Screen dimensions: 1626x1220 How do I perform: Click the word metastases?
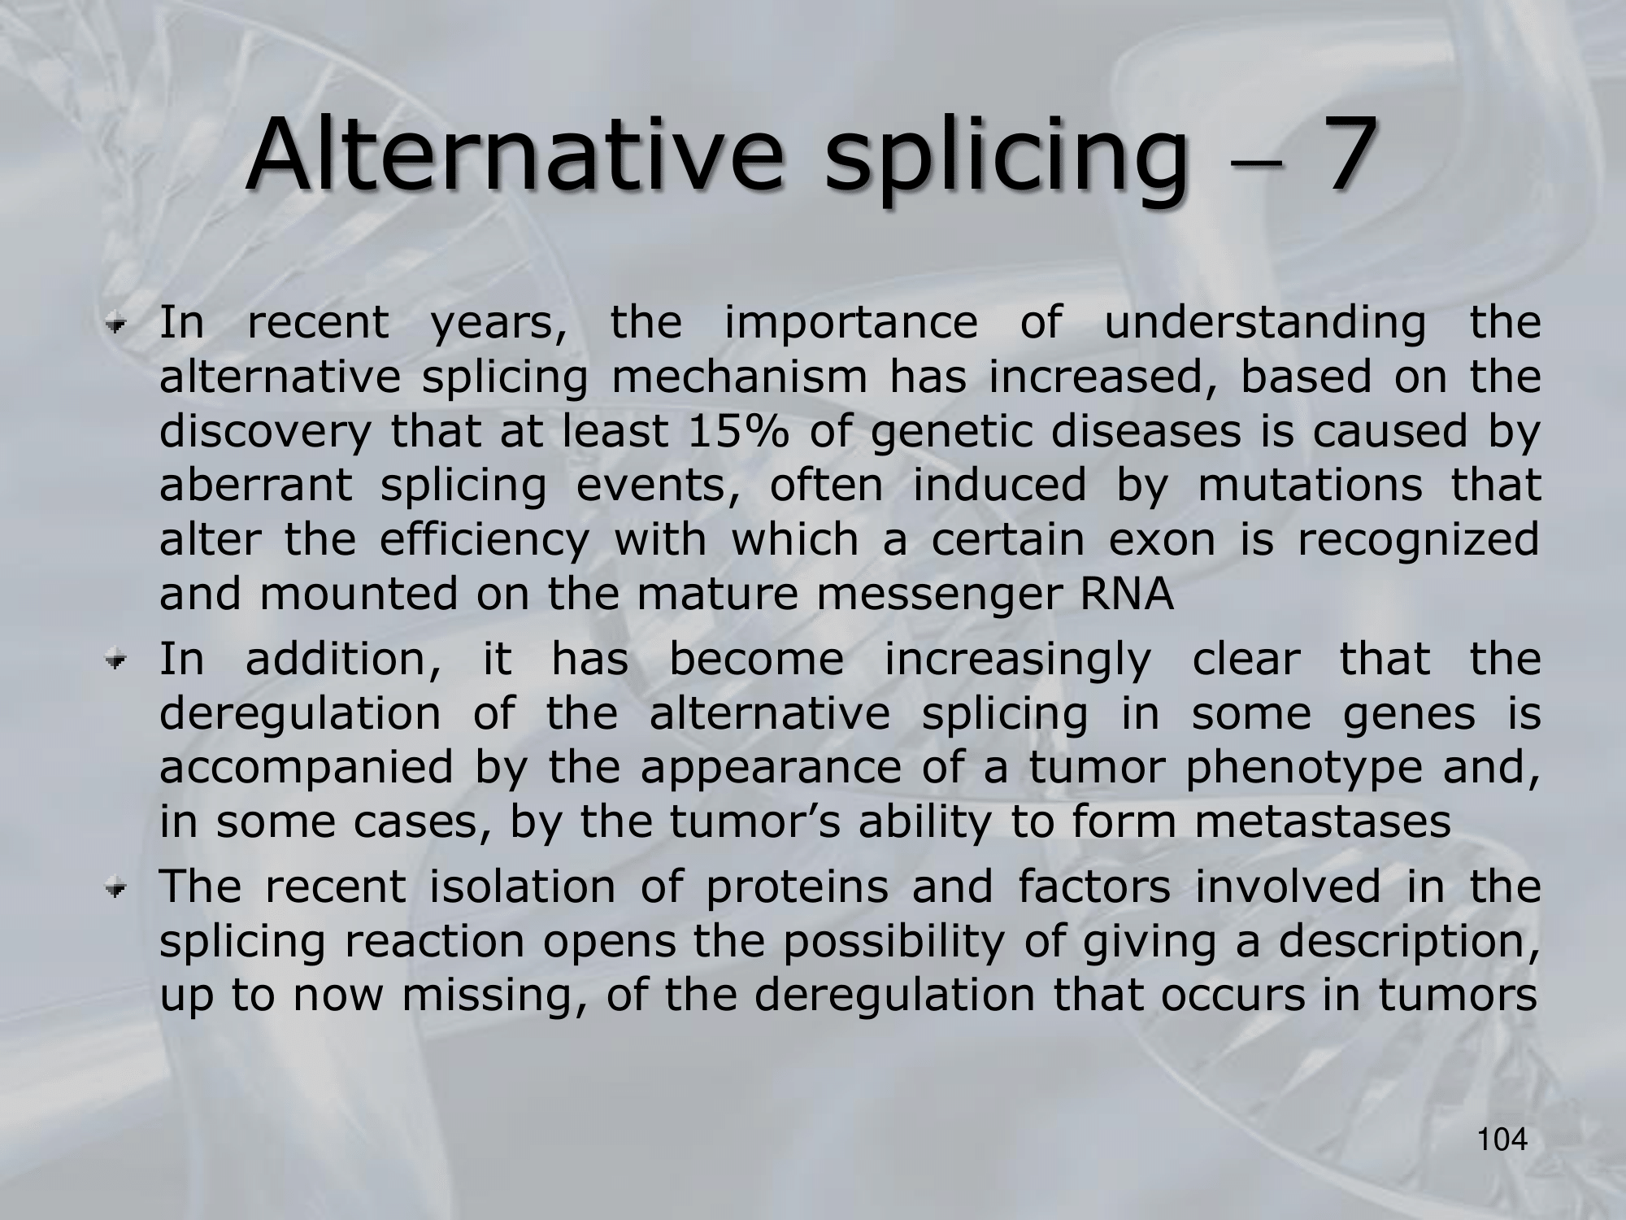[x=1323, y=822]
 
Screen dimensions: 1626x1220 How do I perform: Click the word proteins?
[x=797, y=888]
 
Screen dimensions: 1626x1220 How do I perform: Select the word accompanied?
[x=306, y=770]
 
